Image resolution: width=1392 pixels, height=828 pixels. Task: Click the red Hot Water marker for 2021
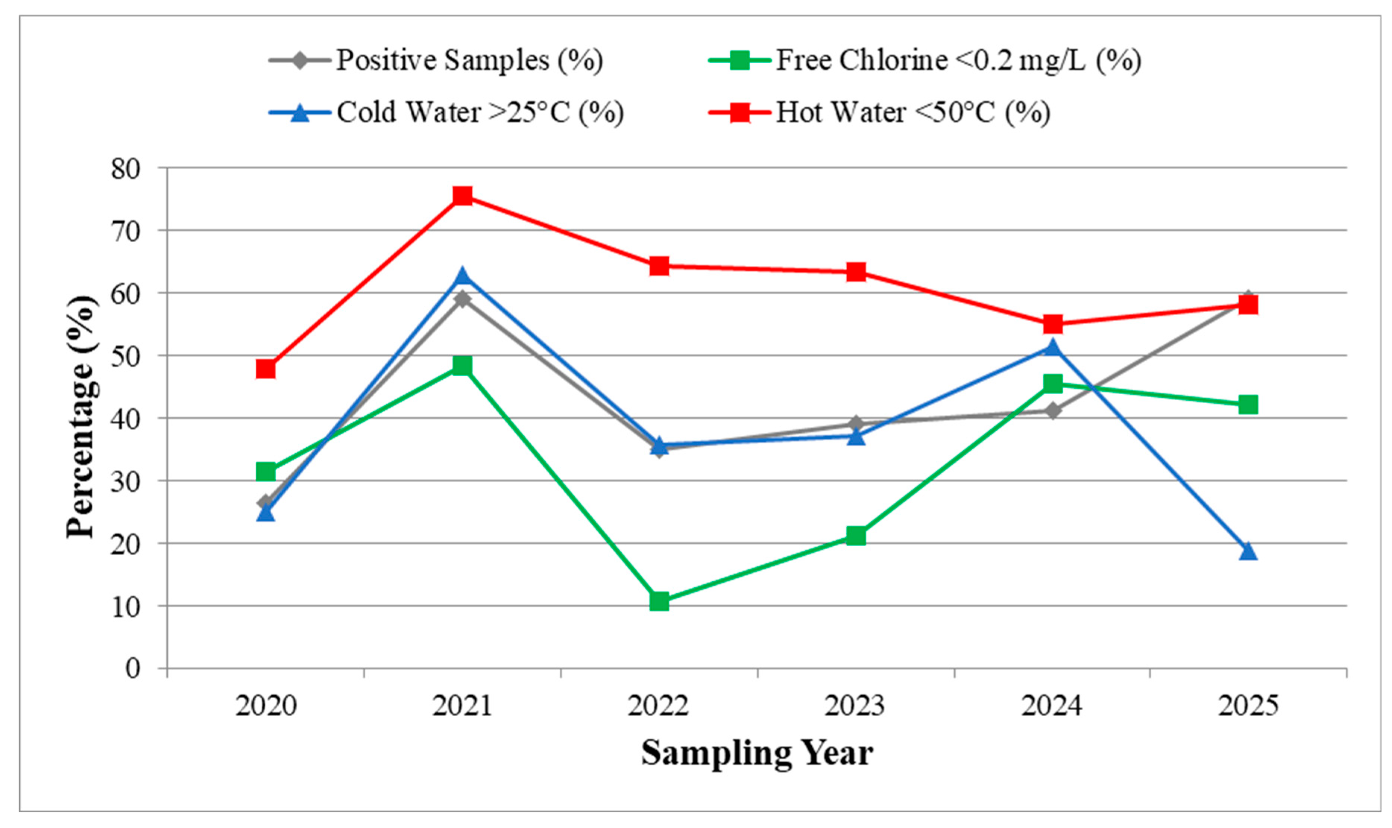pyautogui.click(x=462, y=196)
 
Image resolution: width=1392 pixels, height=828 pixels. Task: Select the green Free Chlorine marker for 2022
pyautogui.click(x=659, y=601)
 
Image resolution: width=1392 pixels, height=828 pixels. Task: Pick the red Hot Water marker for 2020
pyautogui.click(x=266, y=369)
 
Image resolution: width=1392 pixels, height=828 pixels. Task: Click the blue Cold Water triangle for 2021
pyautogui.click(x=462, y=275)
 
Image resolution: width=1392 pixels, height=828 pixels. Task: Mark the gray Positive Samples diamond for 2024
pyautogui.click(x=1052, y=411)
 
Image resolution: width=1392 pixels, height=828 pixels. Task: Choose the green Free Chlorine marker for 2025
pyautogui.click(x=1248, y=405)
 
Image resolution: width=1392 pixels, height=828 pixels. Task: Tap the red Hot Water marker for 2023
pyautogui.click(x=856, y=272)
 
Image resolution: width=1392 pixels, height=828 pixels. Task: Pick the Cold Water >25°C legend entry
pyautogui.click(x=446, y=113)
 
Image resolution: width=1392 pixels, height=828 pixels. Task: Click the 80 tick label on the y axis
pyautogui.click(x=126, y=168)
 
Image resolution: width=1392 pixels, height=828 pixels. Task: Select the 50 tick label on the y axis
pyautogui.click(x=126, y=356)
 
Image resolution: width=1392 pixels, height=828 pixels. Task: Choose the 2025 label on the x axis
pyautogui.click(x=1248, y=706)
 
